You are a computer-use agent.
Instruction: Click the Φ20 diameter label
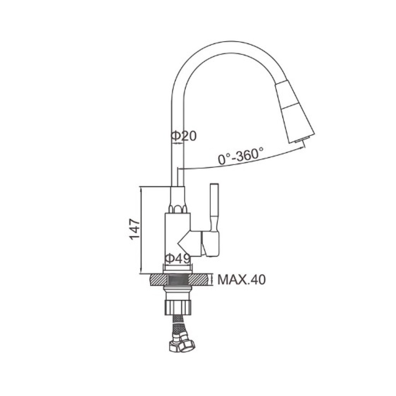click(x=184, y=136)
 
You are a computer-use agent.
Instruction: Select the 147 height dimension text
click(x=134, y=229)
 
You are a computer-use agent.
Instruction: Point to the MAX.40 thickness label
click(x=242, y=280)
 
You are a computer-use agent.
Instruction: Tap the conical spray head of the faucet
click(x=295, y=112)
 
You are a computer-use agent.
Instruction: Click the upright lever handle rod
click(x=214, y=207)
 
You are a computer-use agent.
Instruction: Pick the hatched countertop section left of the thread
click(x=158, y=280)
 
